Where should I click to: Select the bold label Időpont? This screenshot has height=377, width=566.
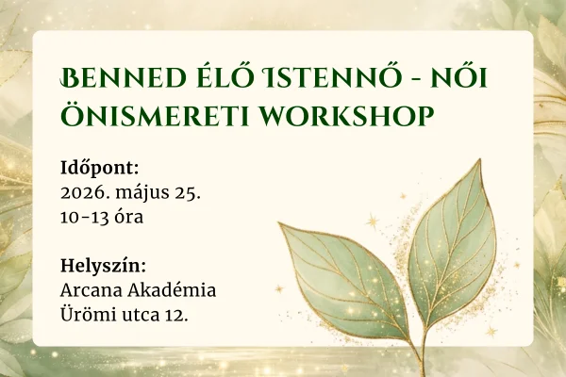coord(98,168)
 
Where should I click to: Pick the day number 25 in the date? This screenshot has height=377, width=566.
coord(189,193)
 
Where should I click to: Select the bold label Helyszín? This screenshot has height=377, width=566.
coord(102,265)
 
